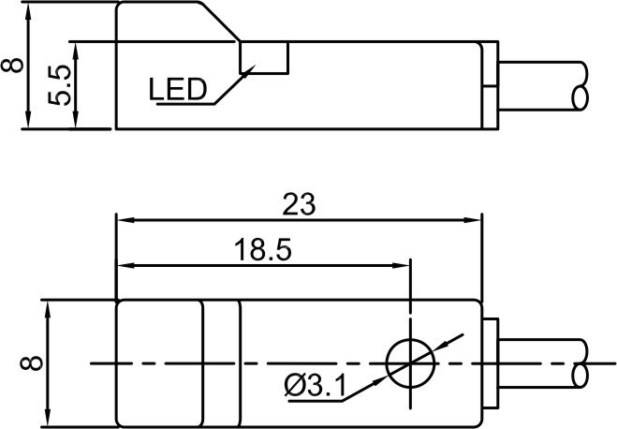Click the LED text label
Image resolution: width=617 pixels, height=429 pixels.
178,90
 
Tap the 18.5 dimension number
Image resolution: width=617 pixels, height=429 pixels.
263,250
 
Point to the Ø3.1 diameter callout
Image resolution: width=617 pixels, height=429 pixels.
313,383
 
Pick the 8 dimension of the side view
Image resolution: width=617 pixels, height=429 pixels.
13,66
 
